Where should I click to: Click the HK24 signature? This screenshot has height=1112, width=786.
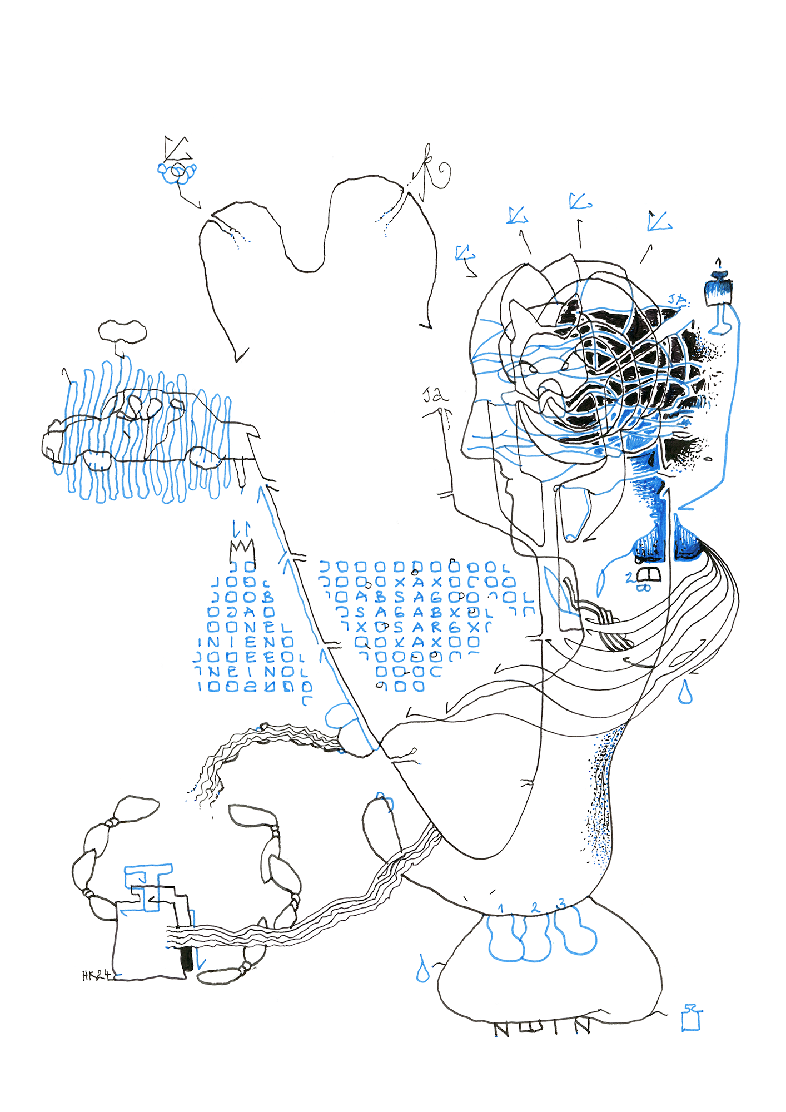[x=97, y=975]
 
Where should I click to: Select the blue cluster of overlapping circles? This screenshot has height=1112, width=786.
[x=177, y=172]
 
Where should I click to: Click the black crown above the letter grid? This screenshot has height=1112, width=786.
[x=242, y=551]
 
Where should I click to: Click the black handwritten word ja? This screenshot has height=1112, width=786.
[x=436, y=396]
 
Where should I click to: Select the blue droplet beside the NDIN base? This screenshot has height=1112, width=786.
[x=422, y=970]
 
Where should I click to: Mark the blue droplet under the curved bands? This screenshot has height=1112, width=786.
[x=685, y=692]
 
